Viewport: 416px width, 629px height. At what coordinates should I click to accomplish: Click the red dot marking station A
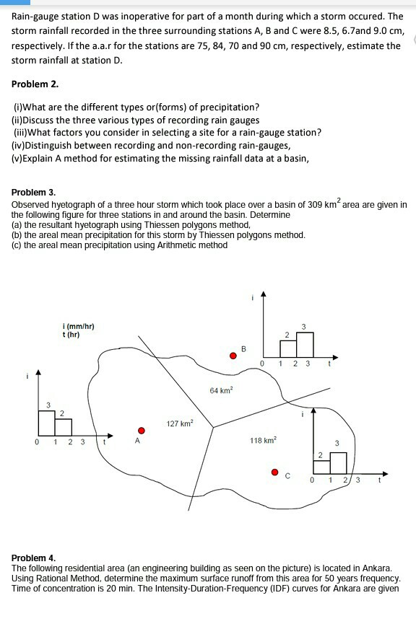pos(141,431)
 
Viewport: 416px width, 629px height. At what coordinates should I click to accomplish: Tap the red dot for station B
pos(233,356)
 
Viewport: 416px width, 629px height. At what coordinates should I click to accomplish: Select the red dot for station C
pos(274,472)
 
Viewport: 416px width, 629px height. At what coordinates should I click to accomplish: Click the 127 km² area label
pos(180,423)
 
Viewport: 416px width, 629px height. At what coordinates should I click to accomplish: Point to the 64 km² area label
pos(221,390)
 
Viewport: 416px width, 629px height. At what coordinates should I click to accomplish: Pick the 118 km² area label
pos(263,440)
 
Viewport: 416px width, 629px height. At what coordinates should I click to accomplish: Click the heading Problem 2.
pos(35,84)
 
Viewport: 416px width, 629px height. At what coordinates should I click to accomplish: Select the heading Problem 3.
pos(34,192)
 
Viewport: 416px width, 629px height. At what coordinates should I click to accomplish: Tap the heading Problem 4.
pos(34,558)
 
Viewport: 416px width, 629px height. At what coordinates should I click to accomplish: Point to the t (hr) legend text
pos(71,335)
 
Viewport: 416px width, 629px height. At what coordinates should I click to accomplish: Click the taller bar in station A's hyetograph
pos(47,423)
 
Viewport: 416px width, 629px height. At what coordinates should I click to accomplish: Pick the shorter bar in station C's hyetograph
pos(321,467)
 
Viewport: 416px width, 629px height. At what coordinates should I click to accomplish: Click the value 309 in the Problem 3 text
pos(315,205)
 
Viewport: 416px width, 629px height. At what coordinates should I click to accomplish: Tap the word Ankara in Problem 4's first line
pos(376,568)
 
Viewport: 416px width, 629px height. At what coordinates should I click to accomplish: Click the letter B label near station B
pos(243,348)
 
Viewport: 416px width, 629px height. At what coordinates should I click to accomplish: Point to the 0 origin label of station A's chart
pos(37,442)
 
